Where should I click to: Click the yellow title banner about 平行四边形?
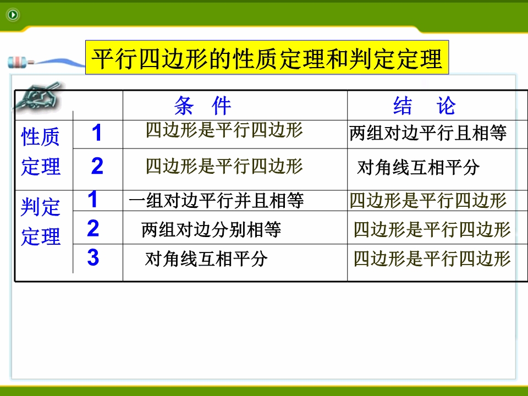(267, 57)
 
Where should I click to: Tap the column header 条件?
(203, 106)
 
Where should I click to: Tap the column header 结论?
(425, 106)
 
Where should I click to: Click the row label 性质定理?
(41, 152)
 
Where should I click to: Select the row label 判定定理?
(41, 222)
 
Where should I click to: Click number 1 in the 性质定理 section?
(97, 133)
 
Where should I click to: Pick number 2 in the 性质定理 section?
(97, 166)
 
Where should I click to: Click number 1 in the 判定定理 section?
(92, 199)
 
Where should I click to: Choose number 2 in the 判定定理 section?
(93, 228)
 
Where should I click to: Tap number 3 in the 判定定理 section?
(93, 257)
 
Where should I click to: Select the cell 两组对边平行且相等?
(428, 133)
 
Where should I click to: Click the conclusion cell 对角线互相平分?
(418, 167)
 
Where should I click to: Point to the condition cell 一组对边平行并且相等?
(216, 201)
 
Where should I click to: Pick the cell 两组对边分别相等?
(211, 230)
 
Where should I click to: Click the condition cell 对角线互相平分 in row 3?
(206, 259)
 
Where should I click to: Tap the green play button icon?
(13, 14)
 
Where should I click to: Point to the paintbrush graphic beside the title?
(44, 62)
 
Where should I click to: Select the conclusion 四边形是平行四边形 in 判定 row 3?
(432, 258)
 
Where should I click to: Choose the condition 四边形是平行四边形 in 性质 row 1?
(224, 130)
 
